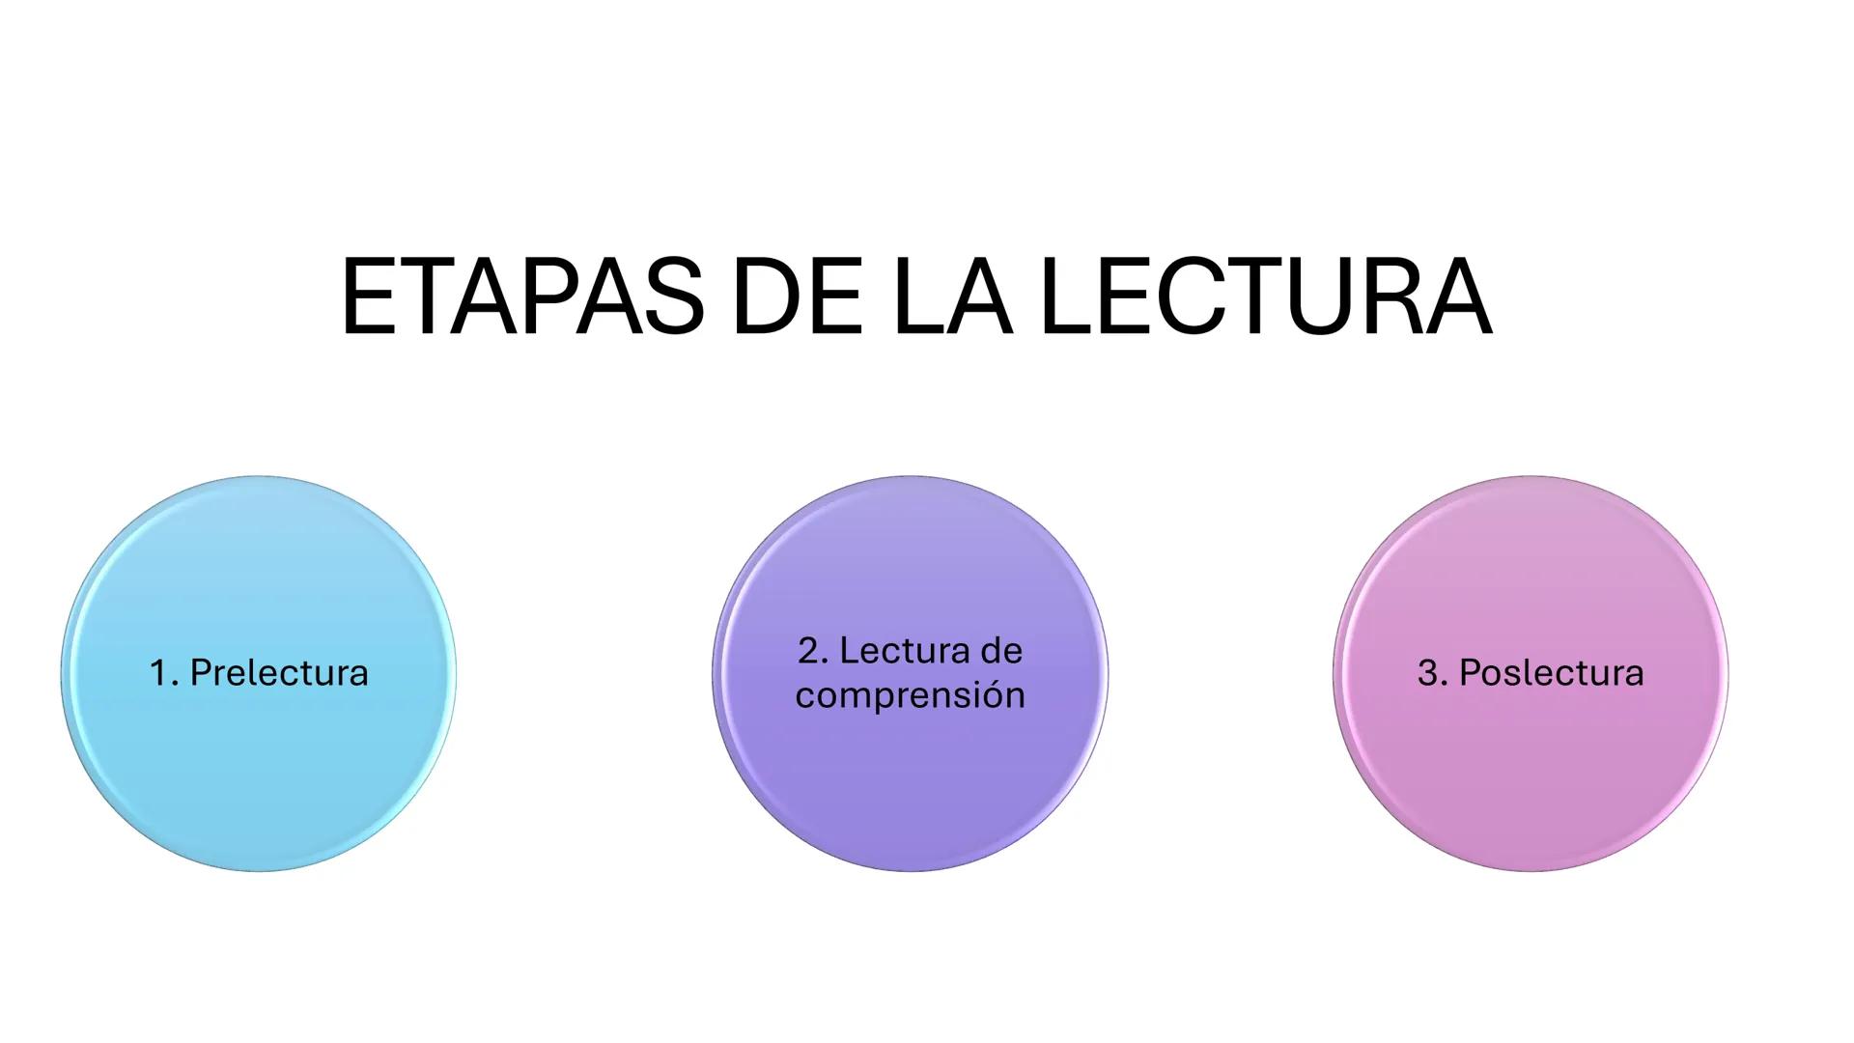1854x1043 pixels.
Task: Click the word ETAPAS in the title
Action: coord(522,297)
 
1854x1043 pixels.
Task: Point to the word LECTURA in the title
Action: coord(1267,297)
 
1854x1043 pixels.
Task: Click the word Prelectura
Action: coord(279,673)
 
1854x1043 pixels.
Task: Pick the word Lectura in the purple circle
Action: coord(902,651)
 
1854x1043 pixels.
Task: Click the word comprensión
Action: coord(910,695)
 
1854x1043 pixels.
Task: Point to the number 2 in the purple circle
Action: coord(810,651)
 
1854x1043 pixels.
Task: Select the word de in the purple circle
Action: coord(1001,651)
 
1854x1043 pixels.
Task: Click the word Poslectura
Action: coord(1551,673)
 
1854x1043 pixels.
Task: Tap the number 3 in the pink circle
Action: coord(1427,673)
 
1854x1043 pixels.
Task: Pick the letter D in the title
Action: coord(764,297)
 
